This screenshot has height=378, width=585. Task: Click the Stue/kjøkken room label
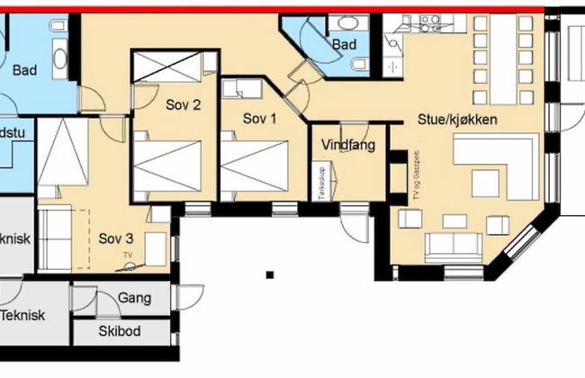pos(458,119)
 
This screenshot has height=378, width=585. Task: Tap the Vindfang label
pos(347,144)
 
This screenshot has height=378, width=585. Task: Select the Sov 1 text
pos(261,117)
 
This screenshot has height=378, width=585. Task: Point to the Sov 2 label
pos(183,103)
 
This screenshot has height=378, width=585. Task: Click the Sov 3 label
pos(116,238)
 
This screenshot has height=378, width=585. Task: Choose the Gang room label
pos(135,299)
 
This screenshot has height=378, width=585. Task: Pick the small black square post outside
pos(269,274)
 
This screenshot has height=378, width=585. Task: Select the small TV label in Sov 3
pos(127,256)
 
